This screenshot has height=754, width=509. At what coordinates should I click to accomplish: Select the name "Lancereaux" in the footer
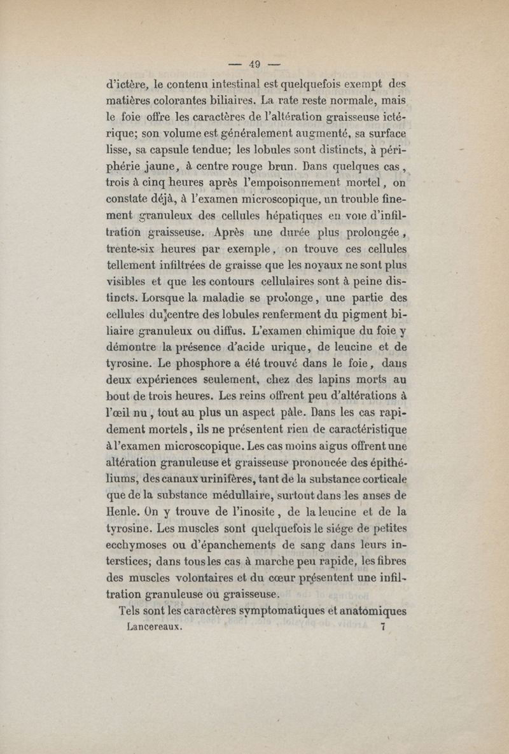coord(155,627)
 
